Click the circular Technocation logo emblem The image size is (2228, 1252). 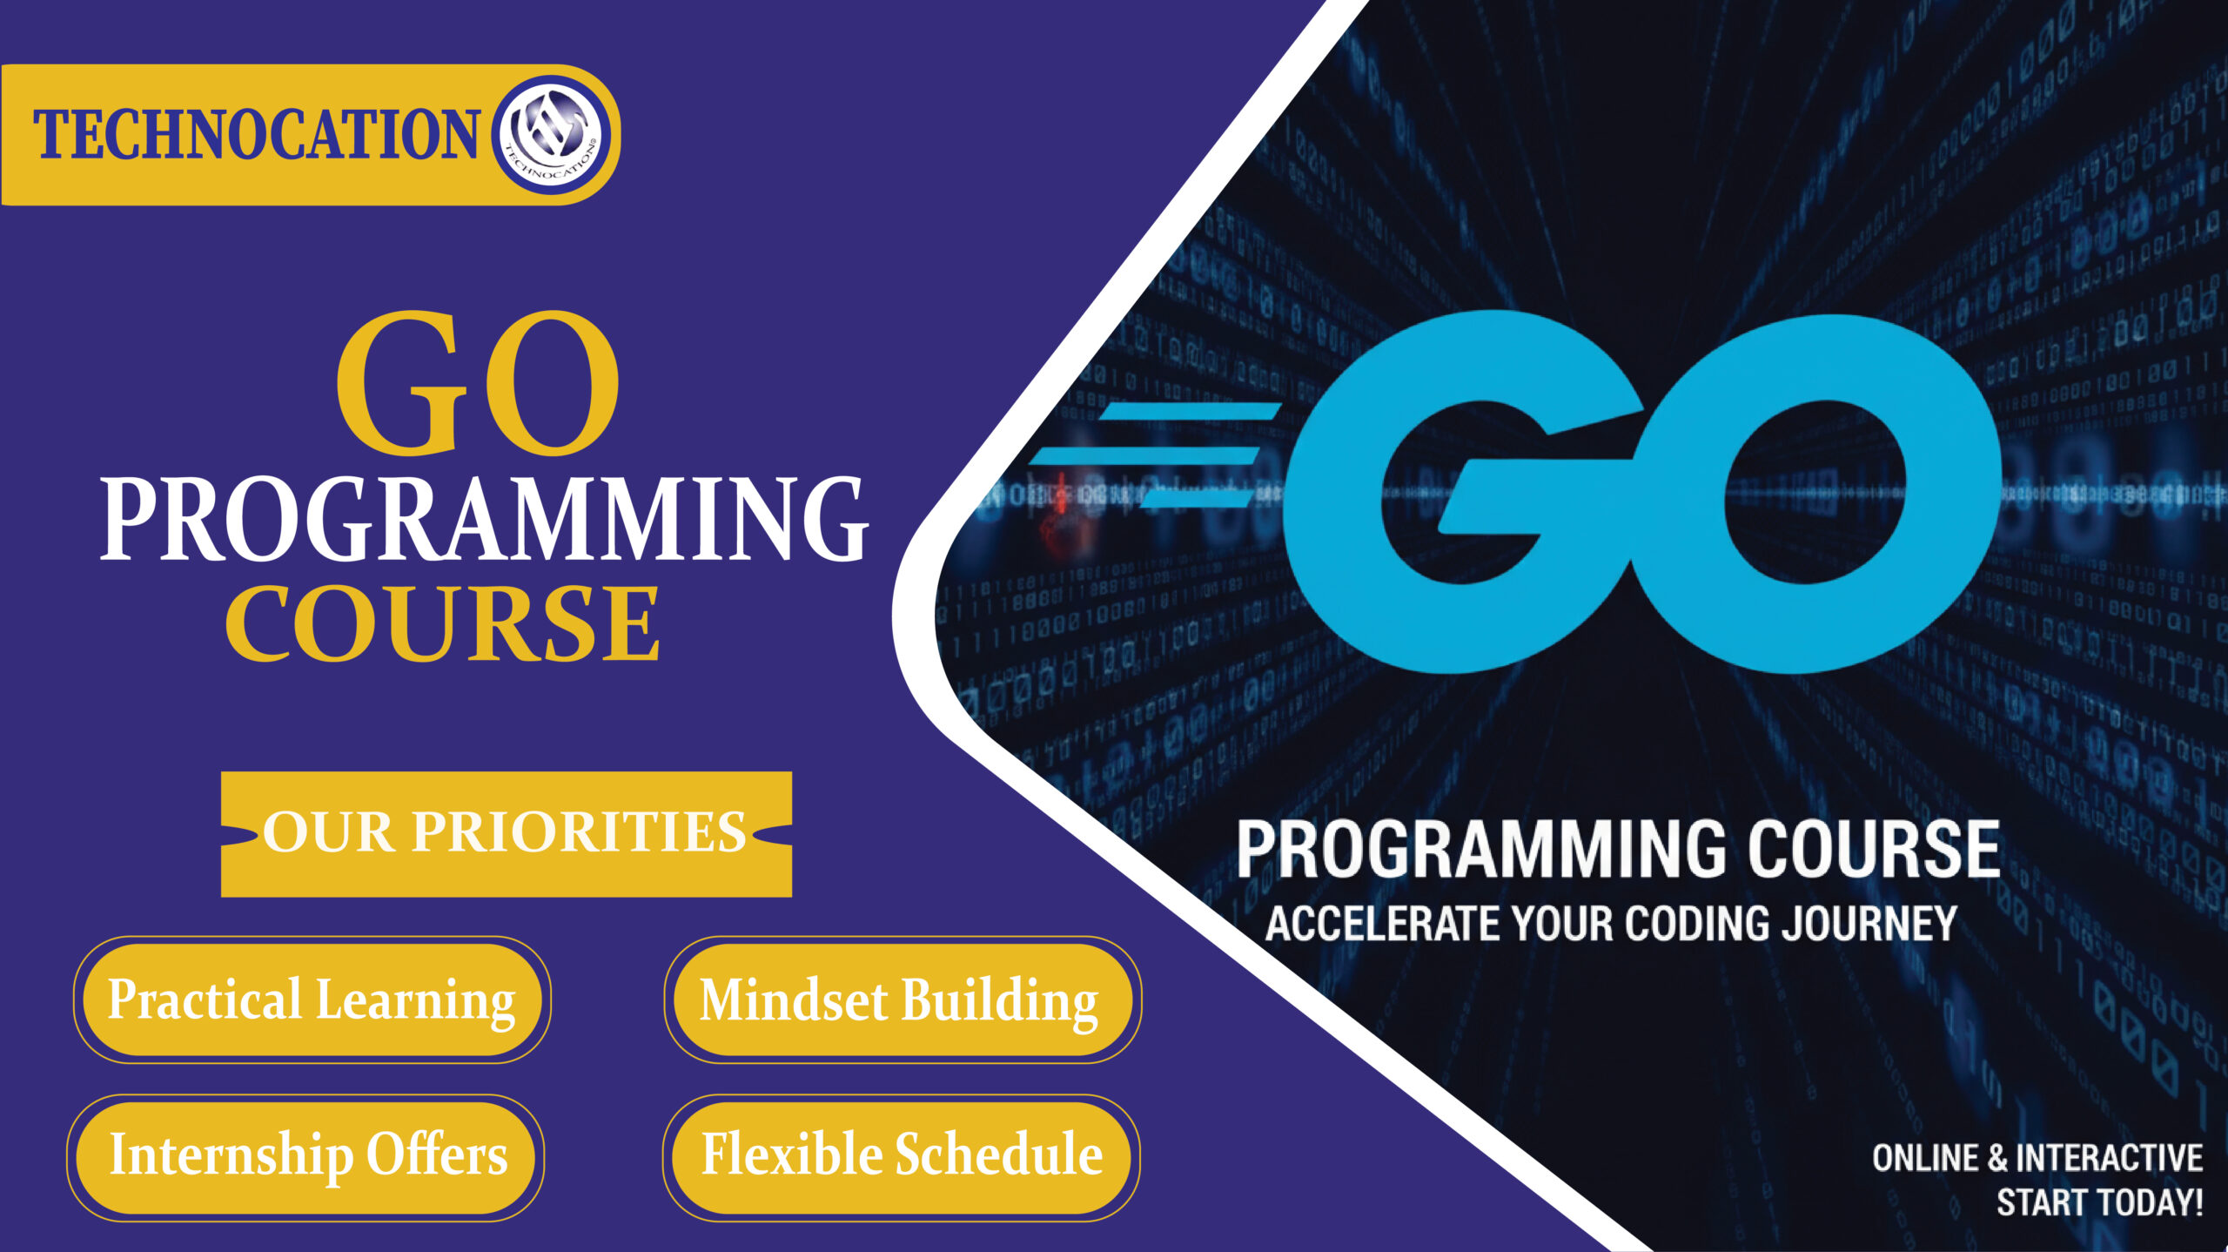click(554, 135)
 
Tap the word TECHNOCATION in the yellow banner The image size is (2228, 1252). click(257, 135)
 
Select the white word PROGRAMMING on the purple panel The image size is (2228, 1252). click(484, 521)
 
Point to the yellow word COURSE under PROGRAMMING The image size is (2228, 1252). click(442, 623)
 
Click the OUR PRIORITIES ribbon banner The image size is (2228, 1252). click(506, 833)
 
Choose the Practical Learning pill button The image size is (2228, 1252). click(312, 1000)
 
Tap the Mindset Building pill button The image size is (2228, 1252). click(900, 1000)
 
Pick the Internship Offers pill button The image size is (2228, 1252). click(307, 1156)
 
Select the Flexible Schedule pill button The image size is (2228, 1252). click(902, 1156)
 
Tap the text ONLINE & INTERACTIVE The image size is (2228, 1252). click(2037, 1159)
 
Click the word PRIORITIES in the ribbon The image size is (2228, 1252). click(579, 833)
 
